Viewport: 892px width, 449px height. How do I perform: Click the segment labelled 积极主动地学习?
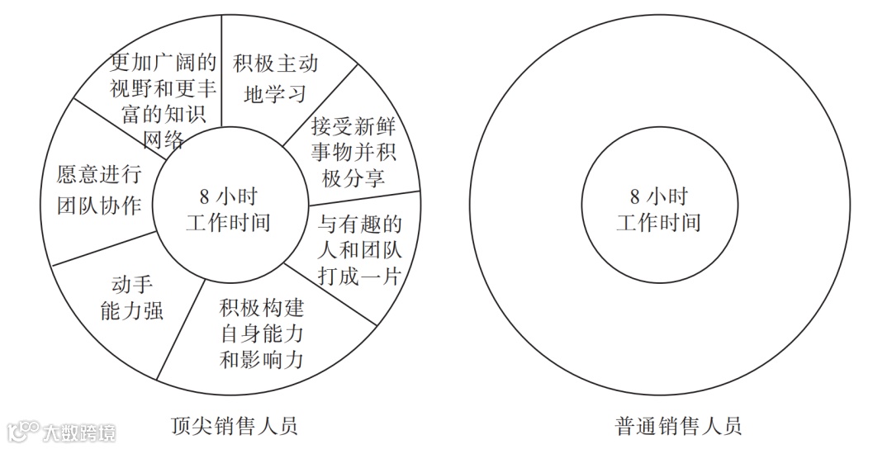275,78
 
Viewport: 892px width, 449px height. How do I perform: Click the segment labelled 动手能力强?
130,298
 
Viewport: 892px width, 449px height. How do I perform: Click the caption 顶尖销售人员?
233,426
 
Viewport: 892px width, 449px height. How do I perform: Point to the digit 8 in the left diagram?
204,197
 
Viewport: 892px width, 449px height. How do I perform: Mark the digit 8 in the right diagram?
634,197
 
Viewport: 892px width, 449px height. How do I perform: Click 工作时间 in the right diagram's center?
658,223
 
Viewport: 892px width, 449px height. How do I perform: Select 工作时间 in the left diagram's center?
229,223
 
